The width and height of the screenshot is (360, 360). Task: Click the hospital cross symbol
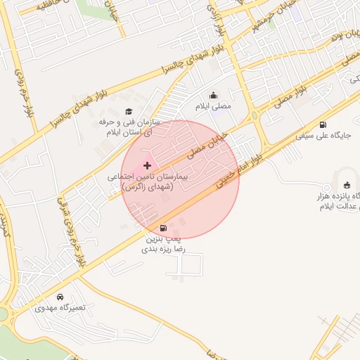[x=146, y=165]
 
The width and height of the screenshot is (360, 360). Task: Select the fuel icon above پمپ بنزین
[x=164, y=228]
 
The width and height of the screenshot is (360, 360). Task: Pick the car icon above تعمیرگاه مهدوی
[x=60, y=297]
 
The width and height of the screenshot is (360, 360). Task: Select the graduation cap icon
[x=129, y=111]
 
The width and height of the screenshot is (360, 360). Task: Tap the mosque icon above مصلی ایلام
[x=214, y=96]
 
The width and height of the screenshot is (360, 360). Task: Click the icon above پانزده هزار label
[x=347, y=184]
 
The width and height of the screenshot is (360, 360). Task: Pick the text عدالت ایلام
[x=340, y=207]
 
